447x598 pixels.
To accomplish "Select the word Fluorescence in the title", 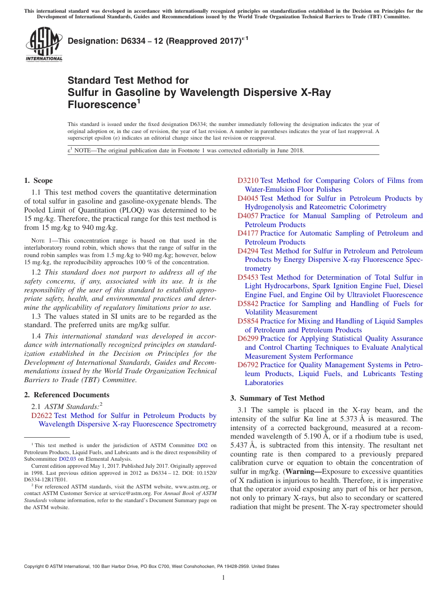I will (x=101, y=104).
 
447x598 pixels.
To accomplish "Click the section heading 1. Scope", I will (x=38, y=181).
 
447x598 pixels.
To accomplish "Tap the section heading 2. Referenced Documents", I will (x=66, y=395).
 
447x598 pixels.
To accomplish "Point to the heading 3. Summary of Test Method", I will (x=277, y=398).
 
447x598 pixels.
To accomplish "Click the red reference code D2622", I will (x=42, y=416).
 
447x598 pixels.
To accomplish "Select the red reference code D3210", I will (x=248, y=181).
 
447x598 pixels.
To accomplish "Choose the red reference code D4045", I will (x=248, y=198).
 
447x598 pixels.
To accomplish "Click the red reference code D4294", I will (x=248, y=251).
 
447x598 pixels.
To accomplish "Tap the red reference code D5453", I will (x=248, y=277).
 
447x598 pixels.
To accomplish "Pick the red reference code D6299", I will (x=248, y=338).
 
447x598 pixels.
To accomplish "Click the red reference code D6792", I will (x=248, y=365).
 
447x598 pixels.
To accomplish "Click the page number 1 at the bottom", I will (x=223, y=578).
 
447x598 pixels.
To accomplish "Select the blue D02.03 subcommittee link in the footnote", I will (x=67, y=459).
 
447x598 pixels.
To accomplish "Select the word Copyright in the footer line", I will (x=34, y=567).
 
